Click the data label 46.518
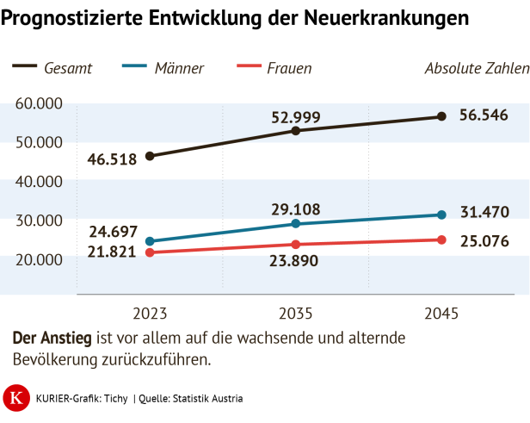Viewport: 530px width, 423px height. pyautogui.click(x=112, y=159)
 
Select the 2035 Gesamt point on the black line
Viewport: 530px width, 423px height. pyautogui.click(x=296, y=131)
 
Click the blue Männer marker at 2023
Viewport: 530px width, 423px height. pyautogui.click(x=150, y=241)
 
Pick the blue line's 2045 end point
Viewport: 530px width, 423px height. pyautogui.click(x=441, y=215)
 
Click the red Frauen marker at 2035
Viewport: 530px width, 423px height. pyautogui.click(x=296, y=245)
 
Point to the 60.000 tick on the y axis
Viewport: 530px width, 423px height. pyautogui.click(x=39, y=103)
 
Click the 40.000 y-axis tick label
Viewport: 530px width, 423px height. pyautogui.click(x=39, y=182)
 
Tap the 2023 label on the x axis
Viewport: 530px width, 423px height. pyautogui.click(x=150, y=313)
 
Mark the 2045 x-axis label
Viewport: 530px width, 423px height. pyautogui.click(x=441, y=313)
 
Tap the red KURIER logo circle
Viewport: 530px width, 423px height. pyautogui.click(x=15, y=397)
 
